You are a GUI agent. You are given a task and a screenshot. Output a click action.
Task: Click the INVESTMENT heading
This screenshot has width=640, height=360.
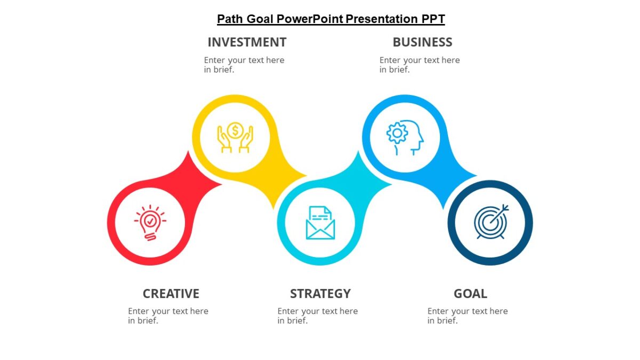point(247,42)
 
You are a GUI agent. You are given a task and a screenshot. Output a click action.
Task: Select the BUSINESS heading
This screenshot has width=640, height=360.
point(422,42)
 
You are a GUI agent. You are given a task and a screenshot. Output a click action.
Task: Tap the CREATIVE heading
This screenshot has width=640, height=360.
point(171,294)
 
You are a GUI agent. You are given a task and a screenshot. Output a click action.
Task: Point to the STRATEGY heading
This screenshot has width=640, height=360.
point(320,294)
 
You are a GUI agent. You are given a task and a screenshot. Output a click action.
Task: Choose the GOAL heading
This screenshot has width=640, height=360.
point(470,294)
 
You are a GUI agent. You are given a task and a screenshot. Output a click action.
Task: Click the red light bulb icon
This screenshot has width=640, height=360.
point(150,222)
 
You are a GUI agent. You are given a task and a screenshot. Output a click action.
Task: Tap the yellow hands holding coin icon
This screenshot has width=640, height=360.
point(235,138)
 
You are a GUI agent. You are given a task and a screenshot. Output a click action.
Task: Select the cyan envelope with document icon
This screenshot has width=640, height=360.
point(320,222)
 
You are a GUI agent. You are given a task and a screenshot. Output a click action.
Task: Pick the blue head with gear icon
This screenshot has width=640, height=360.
point(405,138)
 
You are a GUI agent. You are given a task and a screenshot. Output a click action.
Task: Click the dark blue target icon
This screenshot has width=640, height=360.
point(491,222)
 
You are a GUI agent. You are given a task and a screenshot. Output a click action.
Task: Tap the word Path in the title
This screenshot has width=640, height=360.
point(230,19)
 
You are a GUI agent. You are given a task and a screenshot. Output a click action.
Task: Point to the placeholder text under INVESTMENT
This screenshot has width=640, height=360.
point(244,65)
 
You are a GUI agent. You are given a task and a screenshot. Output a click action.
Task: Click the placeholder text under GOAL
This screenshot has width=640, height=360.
point(467,316)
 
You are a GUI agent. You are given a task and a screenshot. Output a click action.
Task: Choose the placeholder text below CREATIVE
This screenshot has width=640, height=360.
point(168,316)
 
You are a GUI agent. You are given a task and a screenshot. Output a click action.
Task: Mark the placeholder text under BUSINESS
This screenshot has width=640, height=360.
point(419,65)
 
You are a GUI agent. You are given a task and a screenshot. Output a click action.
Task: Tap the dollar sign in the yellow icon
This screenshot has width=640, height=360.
point(235,130)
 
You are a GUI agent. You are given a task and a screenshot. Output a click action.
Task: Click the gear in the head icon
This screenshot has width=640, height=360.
point(397,133)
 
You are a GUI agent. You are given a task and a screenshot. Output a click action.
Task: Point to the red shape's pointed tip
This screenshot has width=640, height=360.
point(220,185)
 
